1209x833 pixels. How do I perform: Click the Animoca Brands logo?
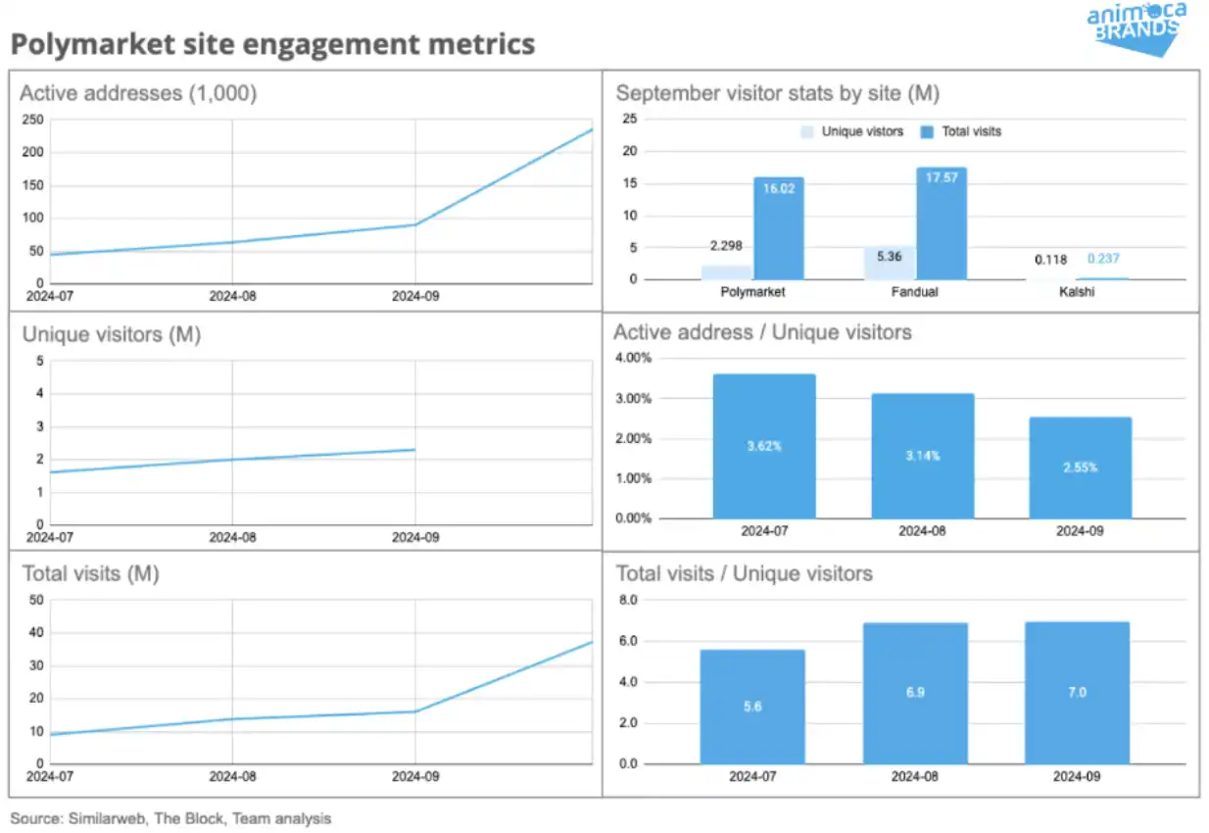tap(1136, 26)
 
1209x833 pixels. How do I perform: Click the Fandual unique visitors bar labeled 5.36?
tap(889, 263)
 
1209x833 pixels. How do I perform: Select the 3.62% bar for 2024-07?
tap(764, 446)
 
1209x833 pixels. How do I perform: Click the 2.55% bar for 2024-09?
tap(1080, 467)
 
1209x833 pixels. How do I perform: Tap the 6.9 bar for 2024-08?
tap(916, 693)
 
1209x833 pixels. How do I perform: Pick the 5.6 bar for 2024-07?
tap(752, 706)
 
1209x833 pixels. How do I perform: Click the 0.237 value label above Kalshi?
tap(1103, 260)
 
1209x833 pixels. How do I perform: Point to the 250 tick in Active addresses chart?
tap(32, 120)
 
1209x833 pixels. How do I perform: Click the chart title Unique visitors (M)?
tap(111, 335)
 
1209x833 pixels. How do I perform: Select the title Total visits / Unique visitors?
tap(744, 573)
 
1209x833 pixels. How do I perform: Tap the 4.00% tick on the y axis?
tap(632, 358)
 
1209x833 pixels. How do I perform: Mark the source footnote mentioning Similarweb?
tap(170, 818)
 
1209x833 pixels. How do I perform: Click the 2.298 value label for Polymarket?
tap(725, 247)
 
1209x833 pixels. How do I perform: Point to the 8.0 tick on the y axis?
tap(627, 600)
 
